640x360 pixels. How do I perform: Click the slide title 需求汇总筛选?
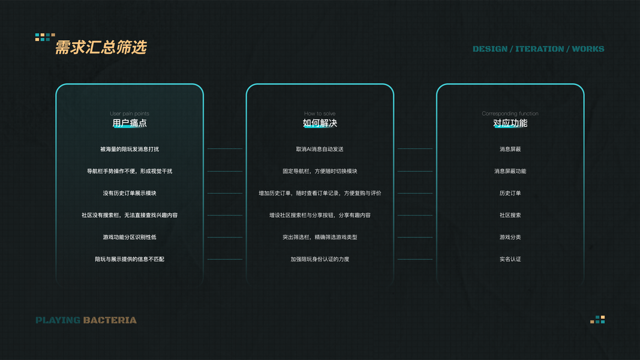(x=101, y=48)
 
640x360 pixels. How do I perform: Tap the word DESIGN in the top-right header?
(x=489, y=49)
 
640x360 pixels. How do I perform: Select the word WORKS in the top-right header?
(x=588, y=49)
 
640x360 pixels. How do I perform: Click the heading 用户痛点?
(x=130, y=123)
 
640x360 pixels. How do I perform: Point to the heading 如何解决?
(x=320, y=123)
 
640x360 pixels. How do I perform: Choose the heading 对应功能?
(x=510, y=123)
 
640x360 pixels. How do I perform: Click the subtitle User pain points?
(x=130, y=113)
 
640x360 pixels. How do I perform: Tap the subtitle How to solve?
(x=320, y=113)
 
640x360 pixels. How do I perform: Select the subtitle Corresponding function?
(x=510, y=113)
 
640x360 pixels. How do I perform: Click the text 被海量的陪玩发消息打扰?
(x=130, y=149)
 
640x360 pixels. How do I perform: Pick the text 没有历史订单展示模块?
(x=130, y=193)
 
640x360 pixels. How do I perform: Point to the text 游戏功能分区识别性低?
(x=130, y=237)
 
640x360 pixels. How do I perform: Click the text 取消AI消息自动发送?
(x=320, y=149)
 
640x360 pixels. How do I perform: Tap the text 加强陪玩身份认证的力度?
(x=320, y=259)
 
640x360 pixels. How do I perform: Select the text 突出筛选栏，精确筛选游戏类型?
(x=320, y=237)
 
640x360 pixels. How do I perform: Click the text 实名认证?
(x=510, y=259)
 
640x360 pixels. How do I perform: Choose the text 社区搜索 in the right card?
(x=510, y=215)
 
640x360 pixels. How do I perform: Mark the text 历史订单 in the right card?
(x=510, y=193)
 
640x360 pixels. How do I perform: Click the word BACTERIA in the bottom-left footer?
(x=110, y=320)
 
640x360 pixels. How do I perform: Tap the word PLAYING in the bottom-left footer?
(x=58, y=320)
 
